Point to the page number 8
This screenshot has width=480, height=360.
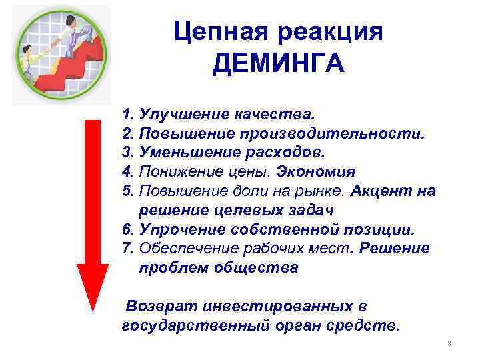[449, 344]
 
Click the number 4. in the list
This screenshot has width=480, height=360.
[129, 171]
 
